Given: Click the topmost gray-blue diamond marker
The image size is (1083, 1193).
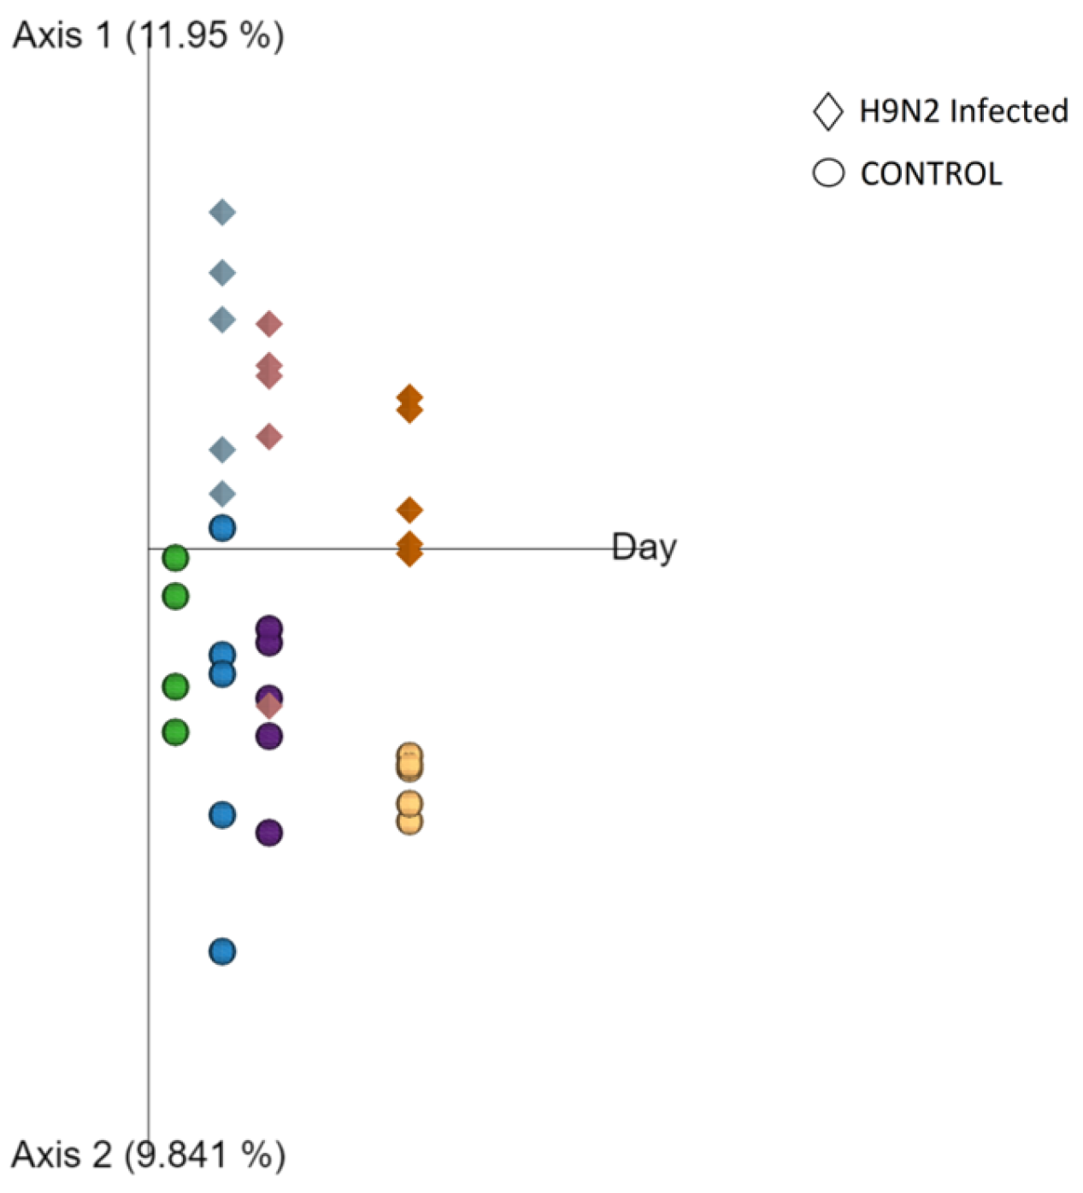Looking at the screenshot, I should coord(222,212).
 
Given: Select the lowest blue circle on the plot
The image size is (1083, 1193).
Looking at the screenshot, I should coord(222,951).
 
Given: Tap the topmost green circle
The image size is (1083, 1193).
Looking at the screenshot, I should coord(175,558).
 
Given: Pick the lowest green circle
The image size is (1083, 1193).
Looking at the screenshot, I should coord(175,732).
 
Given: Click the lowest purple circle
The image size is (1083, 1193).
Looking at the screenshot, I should coord(269,832).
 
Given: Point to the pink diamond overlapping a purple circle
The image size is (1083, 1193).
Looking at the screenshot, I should coord(269,705).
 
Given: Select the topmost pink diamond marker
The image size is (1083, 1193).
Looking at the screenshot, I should coord(269,324).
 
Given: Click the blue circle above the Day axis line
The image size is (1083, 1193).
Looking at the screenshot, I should coord(222,528).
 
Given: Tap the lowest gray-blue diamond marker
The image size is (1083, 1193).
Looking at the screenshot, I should coord(222,493).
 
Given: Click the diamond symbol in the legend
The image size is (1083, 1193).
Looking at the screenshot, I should coord(827,112).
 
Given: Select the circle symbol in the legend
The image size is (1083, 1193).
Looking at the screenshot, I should coord(827,173).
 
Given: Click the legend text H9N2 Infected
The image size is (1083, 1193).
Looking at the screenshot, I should coord(963,112).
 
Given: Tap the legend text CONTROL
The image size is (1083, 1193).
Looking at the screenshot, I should coord(931,174).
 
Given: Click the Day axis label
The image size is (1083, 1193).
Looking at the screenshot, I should coord(645,547).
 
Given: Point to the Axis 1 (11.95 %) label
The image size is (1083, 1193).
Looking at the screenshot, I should coord(148,36).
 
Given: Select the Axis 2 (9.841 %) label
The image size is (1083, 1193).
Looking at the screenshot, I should coord(148,1155).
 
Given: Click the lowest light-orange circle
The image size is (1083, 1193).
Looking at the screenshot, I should coord(409,821).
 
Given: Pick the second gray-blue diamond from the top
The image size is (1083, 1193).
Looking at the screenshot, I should coord(222,273).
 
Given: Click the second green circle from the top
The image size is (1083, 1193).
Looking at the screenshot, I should coord(175,596).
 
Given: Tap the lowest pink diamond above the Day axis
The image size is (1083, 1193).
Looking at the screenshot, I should coord(269,437).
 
